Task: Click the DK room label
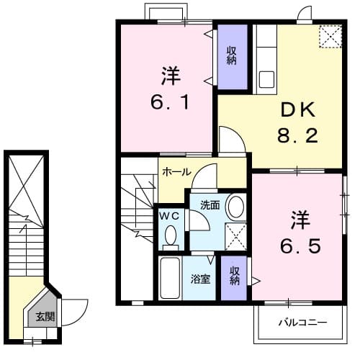click(298, 112)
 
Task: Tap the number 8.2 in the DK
click(298, 135)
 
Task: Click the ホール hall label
click(176, 173)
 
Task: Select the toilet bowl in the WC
click(171, 235)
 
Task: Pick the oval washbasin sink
click(235, 207)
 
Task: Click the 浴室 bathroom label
click(200, 279)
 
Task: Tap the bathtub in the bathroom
click(170, 277)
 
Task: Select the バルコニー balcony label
click(303, 323)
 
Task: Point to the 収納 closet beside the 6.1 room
click(232, 55)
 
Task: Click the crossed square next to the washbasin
click(235, 235)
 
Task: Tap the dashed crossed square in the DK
click(330, 37)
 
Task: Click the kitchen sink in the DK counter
click(264, 78)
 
